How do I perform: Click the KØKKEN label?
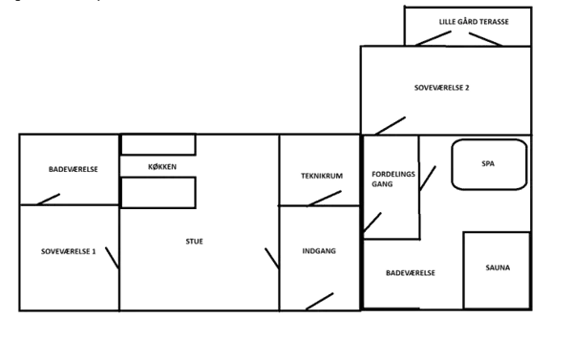(161, 167)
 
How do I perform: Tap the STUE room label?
(194, 241)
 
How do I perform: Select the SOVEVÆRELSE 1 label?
(70, 251)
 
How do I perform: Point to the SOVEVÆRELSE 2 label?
(442, 88)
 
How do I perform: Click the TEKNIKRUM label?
(321, 176)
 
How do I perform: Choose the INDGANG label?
(319, 251)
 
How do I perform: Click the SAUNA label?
(498, 268)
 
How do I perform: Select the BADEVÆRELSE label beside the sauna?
(411, 273)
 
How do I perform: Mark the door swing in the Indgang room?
(320, 296)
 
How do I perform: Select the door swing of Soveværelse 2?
(392, 122)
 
